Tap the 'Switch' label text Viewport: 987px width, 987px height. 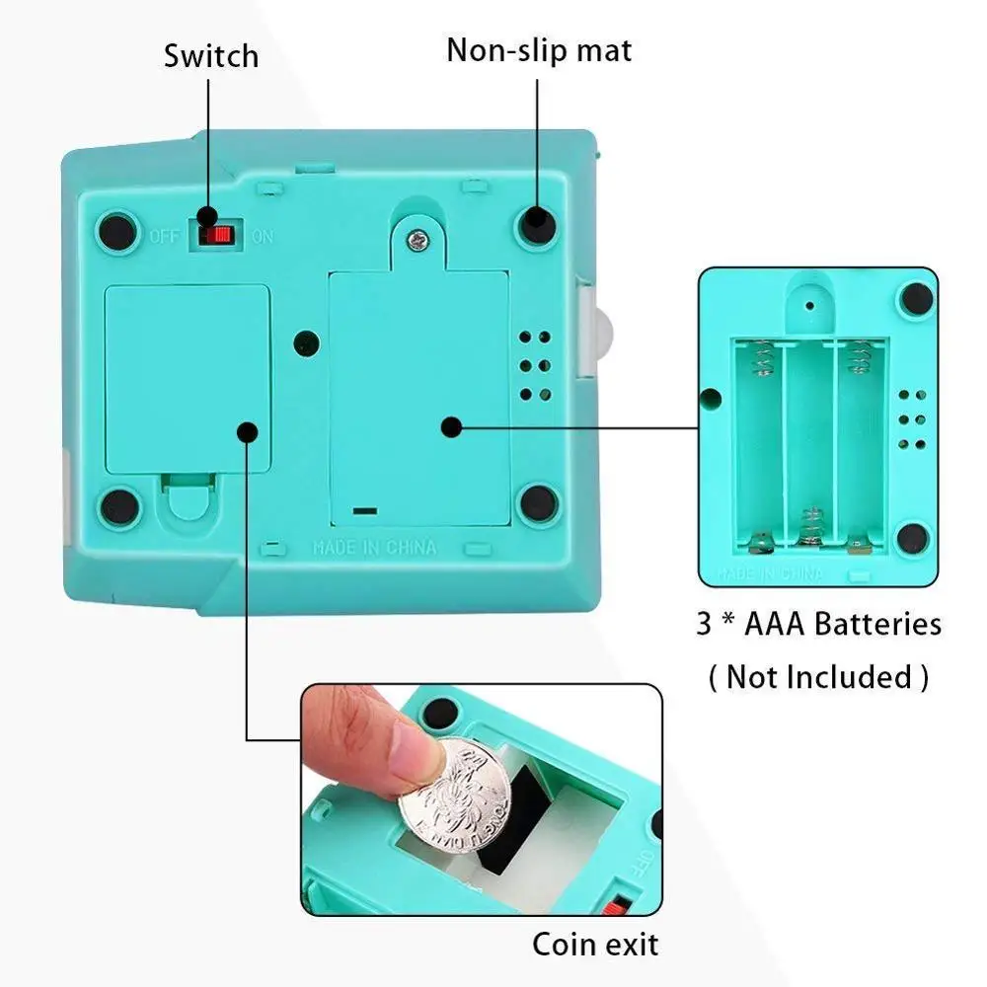point(210,55)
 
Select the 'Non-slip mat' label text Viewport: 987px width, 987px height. point(539,49)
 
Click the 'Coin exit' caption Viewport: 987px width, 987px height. point(595,944)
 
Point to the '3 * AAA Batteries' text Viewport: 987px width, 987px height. point(818,624)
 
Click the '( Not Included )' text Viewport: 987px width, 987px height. point(818,677)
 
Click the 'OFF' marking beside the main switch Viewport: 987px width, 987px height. point(164,236)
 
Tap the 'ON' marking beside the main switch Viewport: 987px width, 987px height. point(263,236)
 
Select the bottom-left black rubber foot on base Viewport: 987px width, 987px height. point(120,506)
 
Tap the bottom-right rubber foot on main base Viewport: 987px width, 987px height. point(537,502)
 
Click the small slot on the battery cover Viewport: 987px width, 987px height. point(364,512)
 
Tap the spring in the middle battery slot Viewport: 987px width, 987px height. point(811,524)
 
